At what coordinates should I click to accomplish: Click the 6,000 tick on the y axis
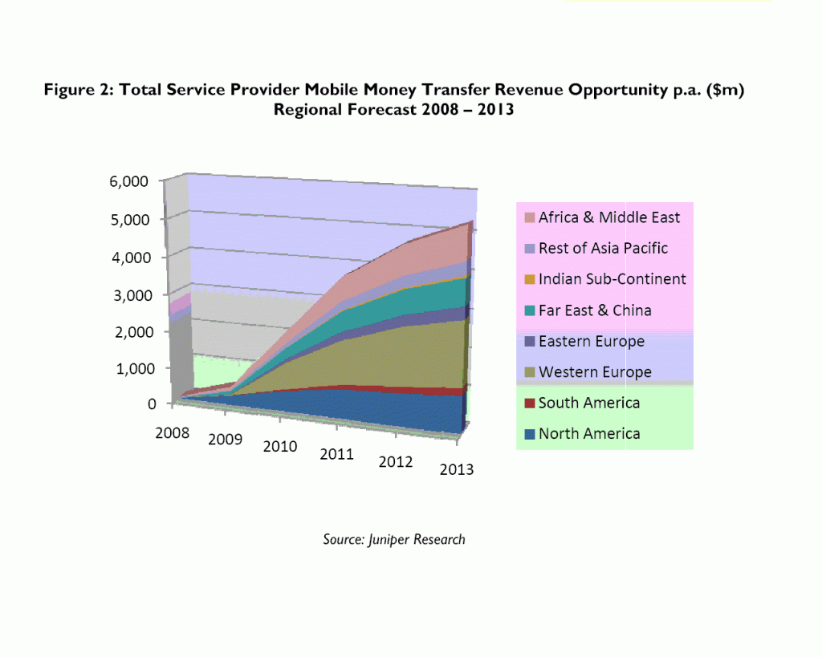click(x=128, y=182)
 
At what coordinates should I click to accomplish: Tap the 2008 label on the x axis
click(x=173, y=433)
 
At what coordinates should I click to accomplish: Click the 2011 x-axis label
click(x=337, y=455)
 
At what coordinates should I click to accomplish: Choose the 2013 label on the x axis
click(x=456, y=470)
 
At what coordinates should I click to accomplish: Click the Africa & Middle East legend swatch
click(x=529, y=217)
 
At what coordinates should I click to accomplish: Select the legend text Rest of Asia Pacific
click(x=603, y=248)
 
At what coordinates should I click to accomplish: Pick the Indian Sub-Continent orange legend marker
click(x=529, y=279)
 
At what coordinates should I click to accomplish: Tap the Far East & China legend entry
click(x=595, y=310)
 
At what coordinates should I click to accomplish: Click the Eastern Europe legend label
click(x=592, y=342)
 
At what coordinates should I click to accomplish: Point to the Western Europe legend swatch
click(x=529, y=372)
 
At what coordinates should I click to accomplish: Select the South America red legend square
click(x=529, y=404)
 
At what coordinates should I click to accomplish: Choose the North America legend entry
click(x=589, y=434)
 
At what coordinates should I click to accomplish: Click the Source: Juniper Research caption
click(x=394, y=539)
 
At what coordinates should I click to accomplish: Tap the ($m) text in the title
click(x=726, y=91)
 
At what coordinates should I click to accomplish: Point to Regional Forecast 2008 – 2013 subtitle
click(x=393, y=110)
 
